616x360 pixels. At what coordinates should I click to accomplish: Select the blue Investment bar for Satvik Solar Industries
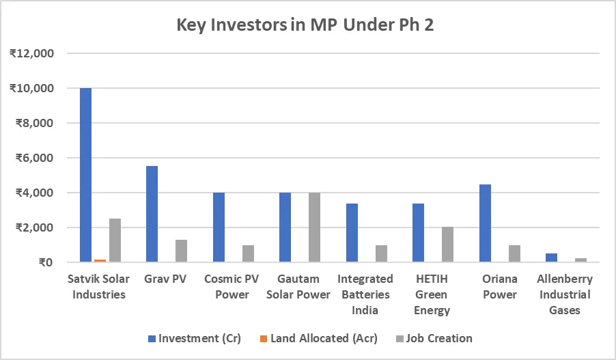click(85, 175)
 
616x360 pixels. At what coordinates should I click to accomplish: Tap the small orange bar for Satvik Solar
click(100, 260)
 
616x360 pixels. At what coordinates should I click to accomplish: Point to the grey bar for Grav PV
click(182, 251)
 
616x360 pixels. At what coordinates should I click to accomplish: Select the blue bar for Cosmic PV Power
click(219, 227)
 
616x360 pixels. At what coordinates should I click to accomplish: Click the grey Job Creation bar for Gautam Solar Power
click(315, 227)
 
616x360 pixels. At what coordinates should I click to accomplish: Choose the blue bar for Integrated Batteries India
click(352, 233)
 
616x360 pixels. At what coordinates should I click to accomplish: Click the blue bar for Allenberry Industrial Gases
click(552, 258)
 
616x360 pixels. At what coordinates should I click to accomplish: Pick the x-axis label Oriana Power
click(500, 287)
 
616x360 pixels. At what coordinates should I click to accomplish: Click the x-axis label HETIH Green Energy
click(433, 294)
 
